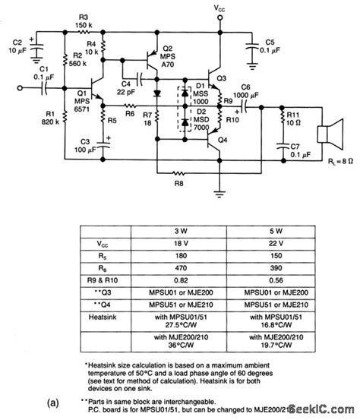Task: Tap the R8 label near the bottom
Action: point(178,182)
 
